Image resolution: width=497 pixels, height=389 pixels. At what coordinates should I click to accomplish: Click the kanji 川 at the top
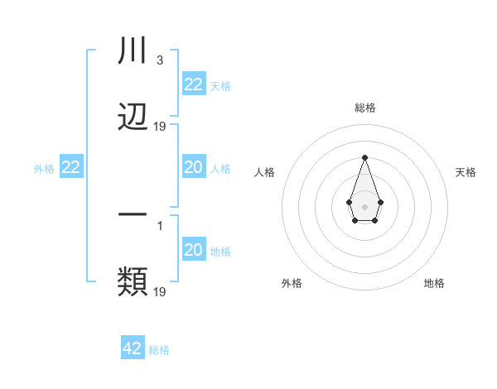[133, 50]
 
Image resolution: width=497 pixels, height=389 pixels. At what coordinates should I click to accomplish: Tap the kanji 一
[133, 213]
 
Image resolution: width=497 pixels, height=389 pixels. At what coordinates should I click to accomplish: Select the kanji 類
[133, 281]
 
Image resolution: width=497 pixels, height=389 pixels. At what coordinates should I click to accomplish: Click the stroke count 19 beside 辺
[160, 127]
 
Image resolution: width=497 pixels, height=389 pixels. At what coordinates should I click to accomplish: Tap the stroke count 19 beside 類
[160, 291]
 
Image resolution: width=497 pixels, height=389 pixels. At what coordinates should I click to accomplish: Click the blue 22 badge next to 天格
[193, 84]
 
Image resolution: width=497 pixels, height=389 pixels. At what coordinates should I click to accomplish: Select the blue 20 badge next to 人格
[193, 167]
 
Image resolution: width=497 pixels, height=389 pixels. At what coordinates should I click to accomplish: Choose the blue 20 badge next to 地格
[193, 250]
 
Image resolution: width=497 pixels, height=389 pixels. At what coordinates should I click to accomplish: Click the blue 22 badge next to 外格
[70, 167]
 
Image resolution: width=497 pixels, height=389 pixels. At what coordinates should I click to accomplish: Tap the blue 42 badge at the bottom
[132, 348]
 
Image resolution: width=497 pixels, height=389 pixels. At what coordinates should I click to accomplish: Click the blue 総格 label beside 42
[159, 350]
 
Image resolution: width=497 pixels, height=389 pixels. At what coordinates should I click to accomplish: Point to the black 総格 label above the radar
[364, 108]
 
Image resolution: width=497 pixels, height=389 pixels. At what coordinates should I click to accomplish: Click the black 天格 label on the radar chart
[466, 172]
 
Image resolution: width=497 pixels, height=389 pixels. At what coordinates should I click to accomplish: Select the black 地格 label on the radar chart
[434, 283]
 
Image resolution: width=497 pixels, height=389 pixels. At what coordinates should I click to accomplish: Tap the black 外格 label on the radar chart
[292, 283]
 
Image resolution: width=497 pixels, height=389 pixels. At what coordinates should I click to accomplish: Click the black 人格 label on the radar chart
[264, 172]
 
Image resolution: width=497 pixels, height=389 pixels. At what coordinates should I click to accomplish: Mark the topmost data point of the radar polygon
[364, 157]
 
